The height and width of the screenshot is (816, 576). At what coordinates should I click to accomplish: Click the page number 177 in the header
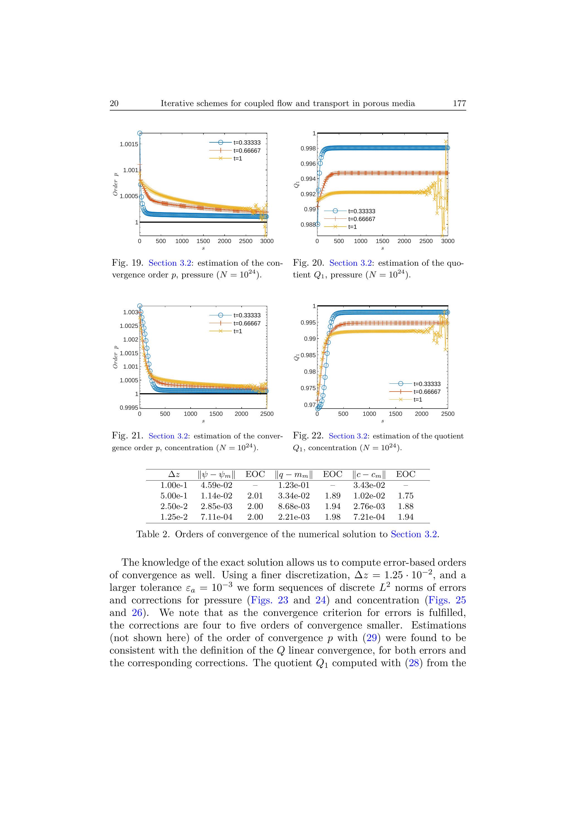tap(459, 104)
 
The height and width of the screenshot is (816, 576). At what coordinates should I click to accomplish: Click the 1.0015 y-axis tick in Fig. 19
tap(129, 144)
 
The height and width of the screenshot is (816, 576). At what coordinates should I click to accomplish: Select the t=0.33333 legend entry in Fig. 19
tap(247, 143)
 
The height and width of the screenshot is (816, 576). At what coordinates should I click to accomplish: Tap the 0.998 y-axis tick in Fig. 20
tap(308, 148)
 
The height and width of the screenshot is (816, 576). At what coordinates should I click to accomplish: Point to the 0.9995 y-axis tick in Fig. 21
tap(129, 408)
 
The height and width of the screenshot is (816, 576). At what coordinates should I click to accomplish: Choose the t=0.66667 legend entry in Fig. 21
tap(247, 323)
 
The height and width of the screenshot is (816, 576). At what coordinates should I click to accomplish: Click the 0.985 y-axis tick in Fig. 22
tap(308, 355)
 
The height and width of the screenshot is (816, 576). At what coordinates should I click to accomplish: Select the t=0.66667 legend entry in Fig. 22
tap(427, 392)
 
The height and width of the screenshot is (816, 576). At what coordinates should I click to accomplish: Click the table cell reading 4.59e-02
tap(217, 485)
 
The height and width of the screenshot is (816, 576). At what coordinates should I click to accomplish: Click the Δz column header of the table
tap(174, 474)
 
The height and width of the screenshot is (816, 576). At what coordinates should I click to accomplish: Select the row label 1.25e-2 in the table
tap(174, 517)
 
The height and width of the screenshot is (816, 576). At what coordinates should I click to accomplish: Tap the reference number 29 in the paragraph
tap(371, 638)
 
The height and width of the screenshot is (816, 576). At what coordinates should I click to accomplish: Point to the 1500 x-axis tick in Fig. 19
tap(203, 241)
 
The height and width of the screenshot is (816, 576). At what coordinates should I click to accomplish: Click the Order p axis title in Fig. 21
tap(115, 357)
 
